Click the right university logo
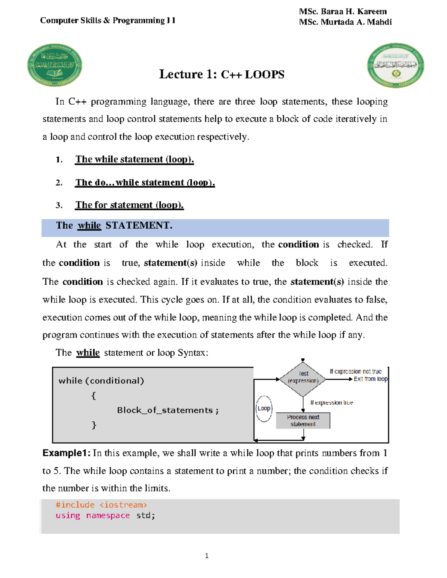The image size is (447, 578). tap(395, 65)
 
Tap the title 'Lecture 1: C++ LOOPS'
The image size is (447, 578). tap(222, 74)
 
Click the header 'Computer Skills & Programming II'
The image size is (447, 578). tap(108, 20)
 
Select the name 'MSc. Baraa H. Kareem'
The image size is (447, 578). tap(343, 12)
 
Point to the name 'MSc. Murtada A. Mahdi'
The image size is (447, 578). tap(345, 22)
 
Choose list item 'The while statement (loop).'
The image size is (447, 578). tap(134, 159)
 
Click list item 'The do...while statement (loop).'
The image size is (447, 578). tap(145, 182)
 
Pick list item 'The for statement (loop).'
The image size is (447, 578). tap(129, 205)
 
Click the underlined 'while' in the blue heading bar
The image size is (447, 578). tap(89, 226)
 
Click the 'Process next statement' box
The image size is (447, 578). tap(303, 421)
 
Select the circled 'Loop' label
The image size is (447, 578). tap(264, 408)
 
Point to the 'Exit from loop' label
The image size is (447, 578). tap(370, 379)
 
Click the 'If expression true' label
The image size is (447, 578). tap(332, 403)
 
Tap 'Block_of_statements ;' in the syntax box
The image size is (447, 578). tap(168, 410)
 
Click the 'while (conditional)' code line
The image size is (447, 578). tap(101, 381)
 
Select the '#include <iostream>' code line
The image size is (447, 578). tap(101, 505)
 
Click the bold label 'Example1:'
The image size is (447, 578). tap(66, 453)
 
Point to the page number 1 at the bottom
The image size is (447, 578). tap(207, 556)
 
